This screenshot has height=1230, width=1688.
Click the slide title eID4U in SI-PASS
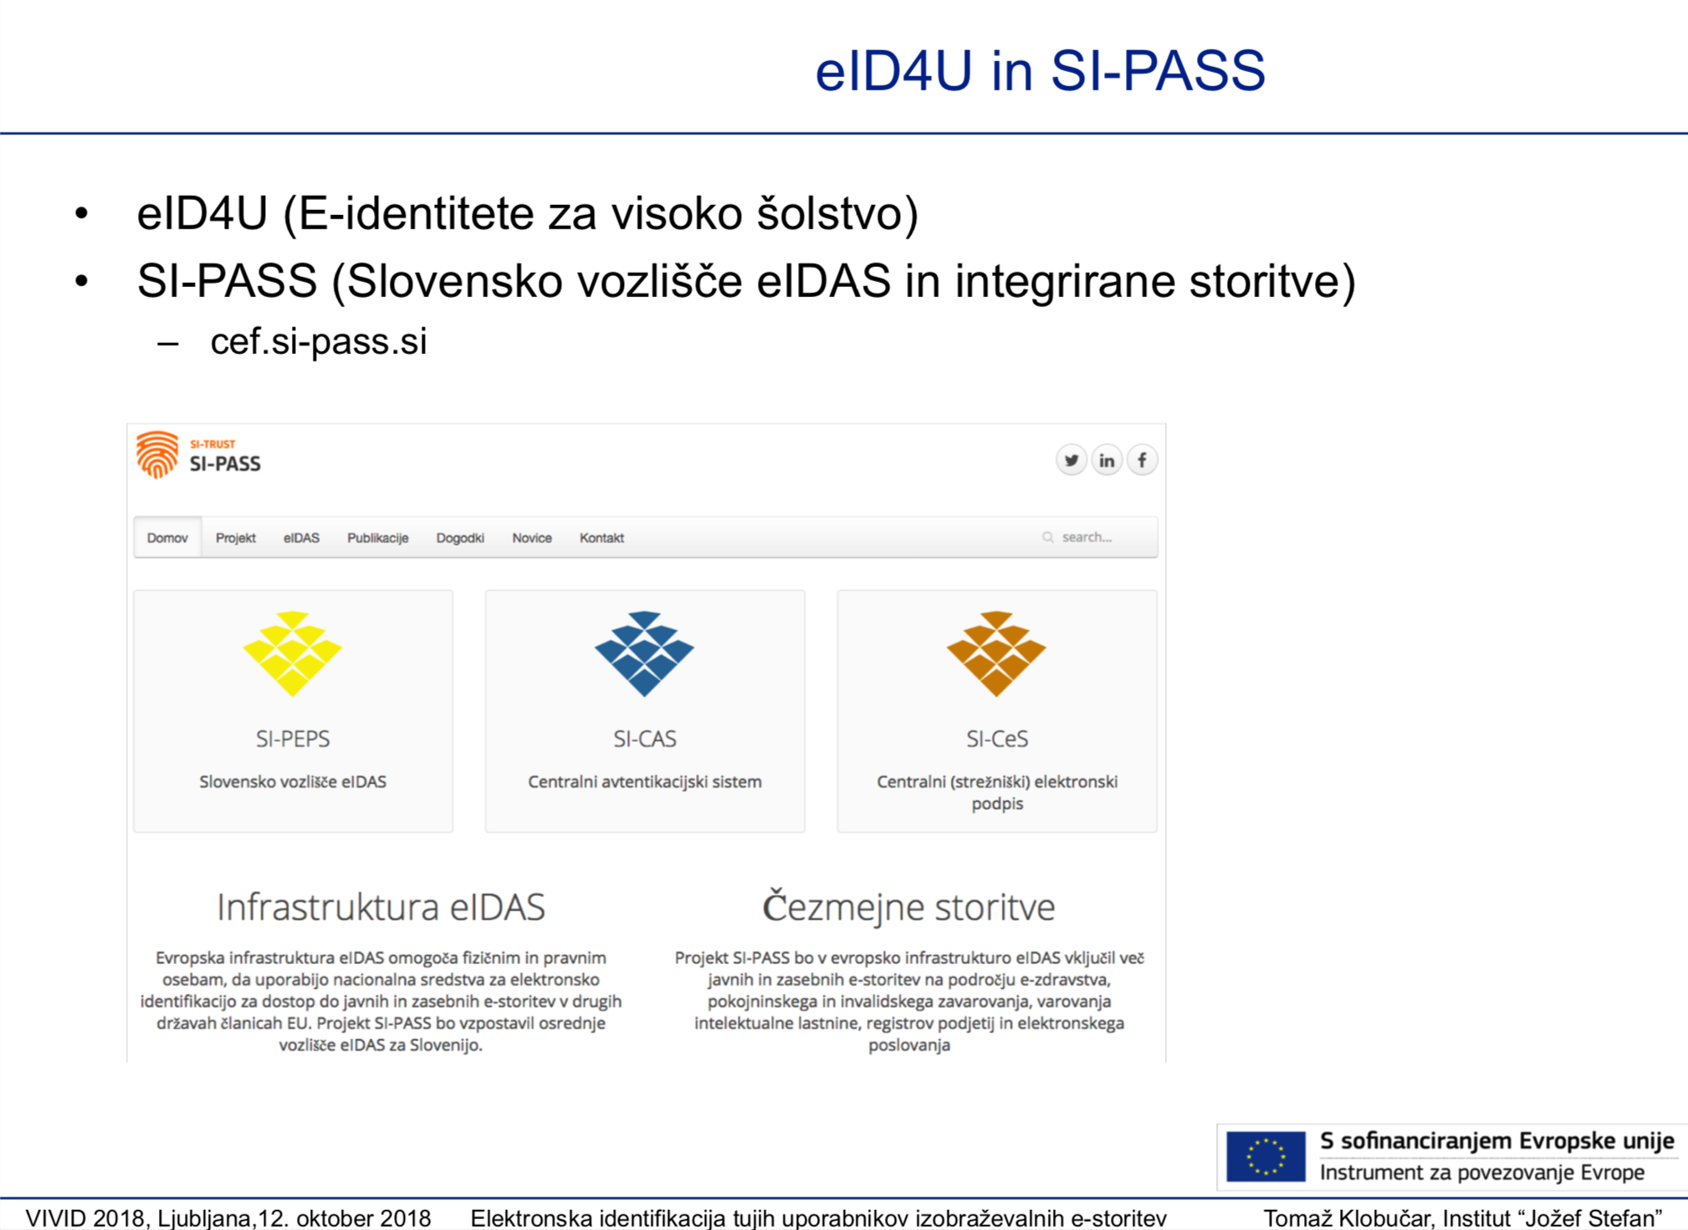coord(1040,70)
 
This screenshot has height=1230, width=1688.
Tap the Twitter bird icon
coord(1072,460)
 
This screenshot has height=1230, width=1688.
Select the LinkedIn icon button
coord(1107,460)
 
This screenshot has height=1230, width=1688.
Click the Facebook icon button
coord(1142,460)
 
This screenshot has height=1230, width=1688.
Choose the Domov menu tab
coord(167,538)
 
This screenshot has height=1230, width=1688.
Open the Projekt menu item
coord(236,538)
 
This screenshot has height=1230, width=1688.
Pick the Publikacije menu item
coord(378,538)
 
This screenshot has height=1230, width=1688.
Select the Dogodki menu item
coord(460,538)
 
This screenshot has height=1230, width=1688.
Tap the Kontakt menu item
coord(602,538)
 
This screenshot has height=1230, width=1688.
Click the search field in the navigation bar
coord(1096,537)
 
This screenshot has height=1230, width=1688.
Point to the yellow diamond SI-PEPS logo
coord(293,653)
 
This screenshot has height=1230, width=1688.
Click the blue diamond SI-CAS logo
coord(645,653)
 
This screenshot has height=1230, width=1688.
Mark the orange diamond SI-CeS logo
coord(996,653)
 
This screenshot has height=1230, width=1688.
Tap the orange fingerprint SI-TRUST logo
coord(157,454)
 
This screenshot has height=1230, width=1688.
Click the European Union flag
coord(1266,1156)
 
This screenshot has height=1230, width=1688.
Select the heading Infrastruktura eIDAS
coord(381,907)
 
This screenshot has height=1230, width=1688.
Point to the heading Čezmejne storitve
coord(908,906)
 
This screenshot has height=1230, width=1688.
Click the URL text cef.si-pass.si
coord(319,341)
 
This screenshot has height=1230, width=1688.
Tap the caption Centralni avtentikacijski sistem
coord(645,782)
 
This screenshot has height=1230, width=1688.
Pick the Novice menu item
coord(532,538)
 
